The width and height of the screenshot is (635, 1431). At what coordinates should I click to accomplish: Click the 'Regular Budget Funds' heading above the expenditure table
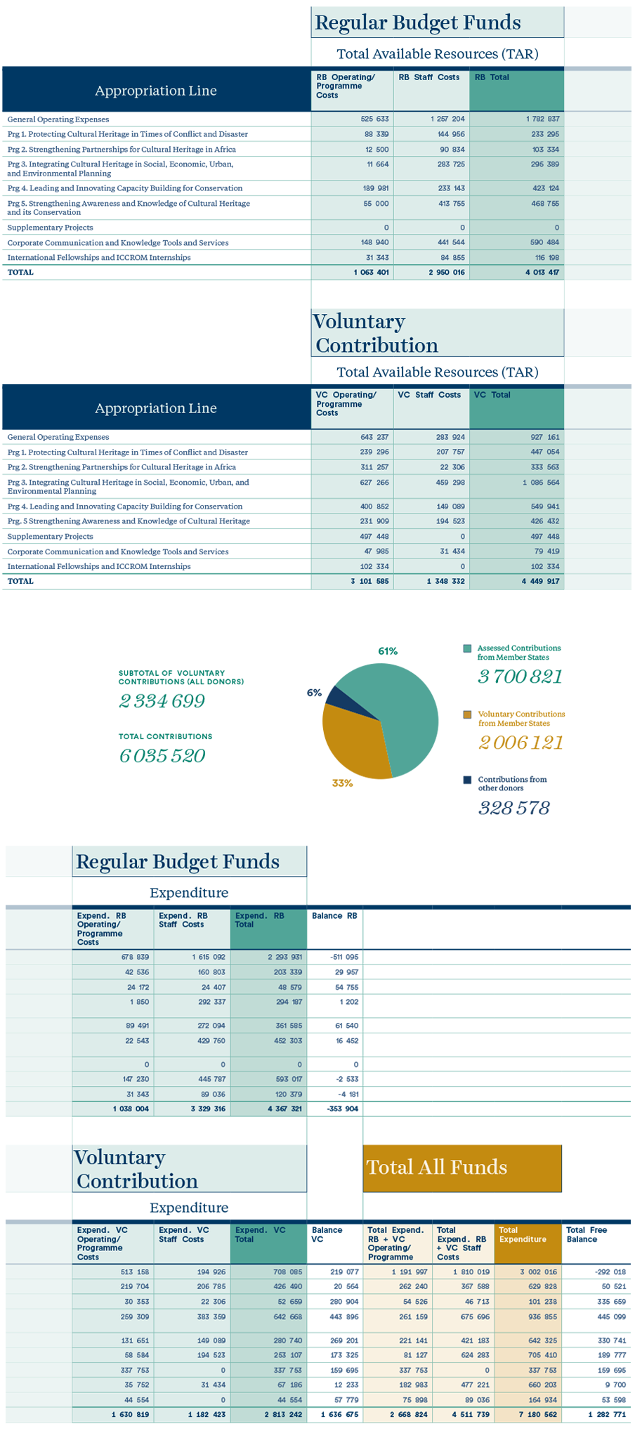pos(178,861)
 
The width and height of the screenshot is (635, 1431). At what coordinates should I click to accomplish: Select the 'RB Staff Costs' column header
pos(428,77)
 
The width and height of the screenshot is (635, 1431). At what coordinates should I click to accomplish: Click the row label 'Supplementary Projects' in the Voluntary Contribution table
pos(50,536)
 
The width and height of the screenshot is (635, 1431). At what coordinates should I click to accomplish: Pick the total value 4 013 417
pos(542,272)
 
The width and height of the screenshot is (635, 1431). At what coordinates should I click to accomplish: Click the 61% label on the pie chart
pos(388,651)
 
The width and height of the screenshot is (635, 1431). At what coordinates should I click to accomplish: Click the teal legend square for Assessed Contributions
pos(467,648)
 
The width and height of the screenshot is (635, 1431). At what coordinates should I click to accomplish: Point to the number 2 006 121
pos(521,743)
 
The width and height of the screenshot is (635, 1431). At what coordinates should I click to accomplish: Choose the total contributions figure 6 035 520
pos(162,756)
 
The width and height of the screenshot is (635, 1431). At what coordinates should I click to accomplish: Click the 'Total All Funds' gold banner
pos(462,1168)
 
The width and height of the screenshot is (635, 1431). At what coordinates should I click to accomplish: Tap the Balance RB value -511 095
pos(344,957)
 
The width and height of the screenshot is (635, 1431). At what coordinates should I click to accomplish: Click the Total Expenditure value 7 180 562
pos(539,1414)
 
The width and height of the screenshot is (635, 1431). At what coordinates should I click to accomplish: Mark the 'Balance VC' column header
pos(327,1234)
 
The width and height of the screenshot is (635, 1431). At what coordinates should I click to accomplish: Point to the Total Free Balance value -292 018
pos(610,1272)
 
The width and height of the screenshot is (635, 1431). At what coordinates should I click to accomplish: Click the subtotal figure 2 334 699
pos(162,701)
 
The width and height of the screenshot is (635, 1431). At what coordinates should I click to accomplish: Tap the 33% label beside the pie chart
pos(342,783)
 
